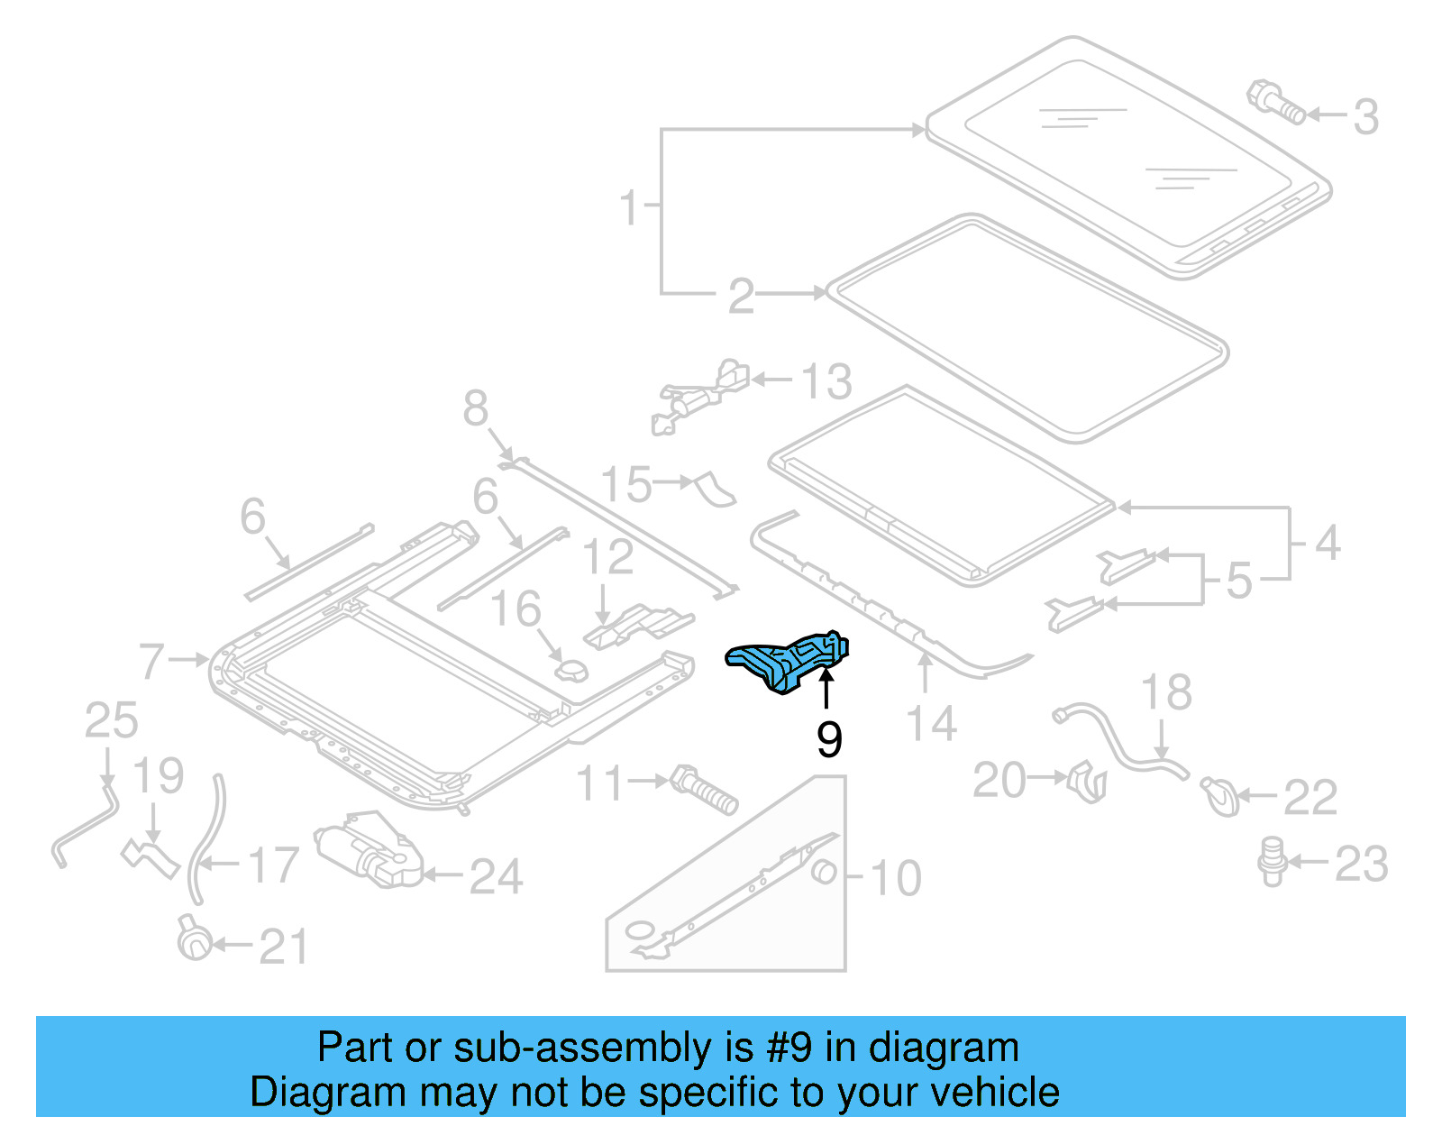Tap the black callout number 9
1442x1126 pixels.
[828, 738]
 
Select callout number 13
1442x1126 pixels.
[826, 382]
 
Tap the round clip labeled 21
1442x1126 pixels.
[194, 939]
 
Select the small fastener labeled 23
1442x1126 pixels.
[1272, 860]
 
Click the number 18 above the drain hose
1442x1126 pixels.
[1165, 693]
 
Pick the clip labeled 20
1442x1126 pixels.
[1087, 782]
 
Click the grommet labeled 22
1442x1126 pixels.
[1220, 796]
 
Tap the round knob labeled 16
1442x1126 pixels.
[570, 671]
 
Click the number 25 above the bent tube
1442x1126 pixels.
[111, 721]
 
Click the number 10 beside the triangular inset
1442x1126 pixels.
[895, 877]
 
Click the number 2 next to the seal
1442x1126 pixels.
[741, 296]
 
